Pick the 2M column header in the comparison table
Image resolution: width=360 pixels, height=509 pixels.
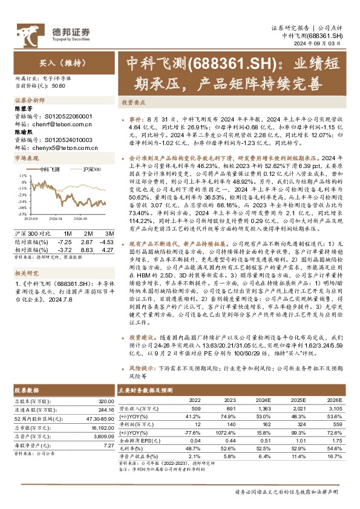88,233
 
